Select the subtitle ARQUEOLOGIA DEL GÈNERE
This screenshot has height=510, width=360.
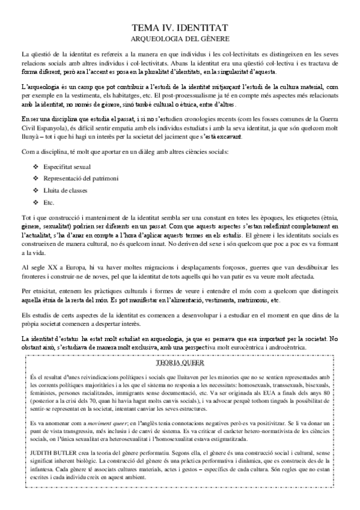tap(180, 37)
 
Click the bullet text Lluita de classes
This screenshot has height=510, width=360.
tap(65, 189)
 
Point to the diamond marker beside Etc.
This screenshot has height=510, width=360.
tap(36, 202)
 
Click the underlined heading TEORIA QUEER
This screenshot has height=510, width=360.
tap(179, 364)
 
